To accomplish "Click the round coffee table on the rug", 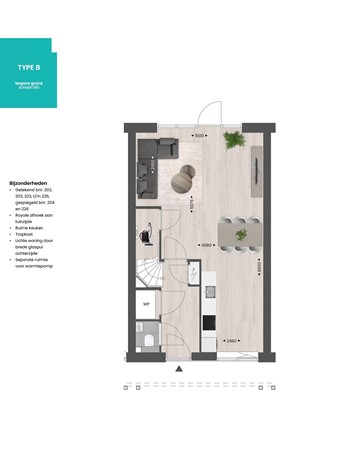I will click(184, 180).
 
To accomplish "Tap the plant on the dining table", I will click(239, 232).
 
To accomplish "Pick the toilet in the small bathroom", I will click(147, 338).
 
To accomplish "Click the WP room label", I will click(146, 303).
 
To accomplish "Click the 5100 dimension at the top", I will click(199, 134).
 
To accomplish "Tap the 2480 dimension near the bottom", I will click(231, 342).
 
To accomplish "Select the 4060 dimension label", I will click(205, 245).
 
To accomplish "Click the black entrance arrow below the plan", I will click(179, 369).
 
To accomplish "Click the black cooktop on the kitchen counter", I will click(209, 322).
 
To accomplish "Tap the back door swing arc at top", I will click(214, 112).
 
